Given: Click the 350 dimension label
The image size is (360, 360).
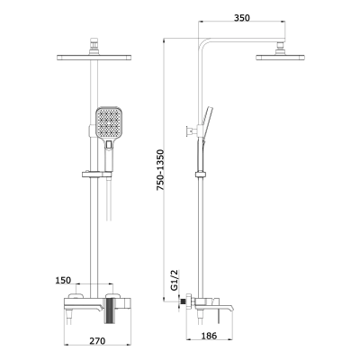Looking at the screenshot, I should point(239,17).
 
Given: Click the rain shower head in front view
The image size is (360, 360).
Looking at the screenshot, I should point(94,58).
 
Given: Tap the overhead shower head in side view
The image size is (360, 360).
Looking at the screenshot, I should point(282,59).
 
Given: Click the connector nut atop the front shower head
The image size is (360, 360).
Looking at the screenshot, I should point(94,45).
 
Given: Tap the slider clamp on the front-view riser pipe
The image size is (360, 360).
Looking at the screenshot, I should point(94,172).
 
